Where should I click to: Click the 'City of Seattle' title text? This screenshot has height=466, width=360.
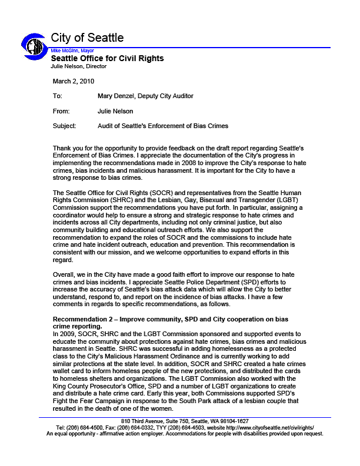(87, 38)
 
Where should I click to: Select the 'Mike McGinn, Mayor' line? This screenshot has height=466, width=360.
(72, 51)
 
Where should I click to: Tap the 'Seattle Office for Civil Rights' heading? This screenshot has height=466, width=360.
(107, 58)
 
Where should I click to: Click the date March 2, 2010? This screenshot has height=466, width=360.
(74, 81)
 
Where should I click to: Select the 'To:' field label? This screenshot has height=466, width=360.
(57, 96)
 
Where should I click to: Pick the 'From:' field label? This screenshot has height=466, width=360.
(61, 110)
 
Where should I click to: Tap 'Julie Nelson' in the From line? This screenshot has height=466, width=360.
(116, 110)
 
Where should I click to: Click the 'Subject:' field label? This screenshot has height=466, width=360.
(64, 126)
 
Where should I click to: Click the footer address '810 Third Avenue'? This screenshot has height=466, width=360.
(141, 422)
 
